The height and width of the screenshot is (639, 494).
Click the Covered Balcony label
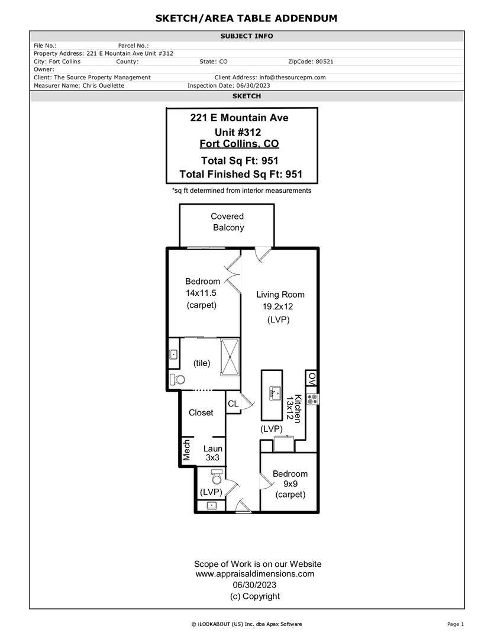click(227, 222)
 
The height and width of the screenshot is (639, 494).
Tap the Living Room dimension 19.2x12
click(277, 306)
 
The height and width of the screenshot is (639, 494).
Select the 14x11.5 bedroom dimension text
click(201, 293)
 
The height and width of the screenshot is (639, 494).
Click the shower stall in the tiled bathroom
click(230, 357)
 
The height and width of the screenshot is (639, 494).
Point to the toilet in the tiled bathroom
click(177, 379)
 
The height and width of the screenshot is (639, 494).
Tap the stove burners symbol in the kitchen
click(312, 399)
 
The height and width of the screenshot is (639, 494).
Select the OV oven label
click(312, 379)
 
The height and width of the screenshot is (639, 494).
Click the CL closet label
click(233, 404)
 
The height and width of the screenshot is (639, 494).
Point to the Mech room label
click(187, 450)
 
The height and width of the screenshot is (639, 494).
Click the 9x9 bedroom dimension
click(290, 484)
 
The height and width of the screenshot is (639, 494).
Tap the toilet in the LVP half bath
click(217, 476)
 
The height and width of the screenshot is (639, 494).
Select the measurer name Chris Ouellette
click(104, 86)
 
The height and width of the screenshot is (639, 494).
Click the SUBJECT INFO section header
click(247, 36)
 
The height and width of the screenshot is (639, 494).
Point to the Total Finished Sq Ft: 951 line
click(241, 175)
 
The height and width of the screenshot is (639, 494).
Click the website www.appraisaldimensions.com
click(255, 574)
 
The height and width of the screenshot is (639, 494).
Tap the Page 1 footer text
click(456, 624)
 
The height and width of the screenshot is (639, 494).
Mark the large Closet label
click(201, 413)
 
